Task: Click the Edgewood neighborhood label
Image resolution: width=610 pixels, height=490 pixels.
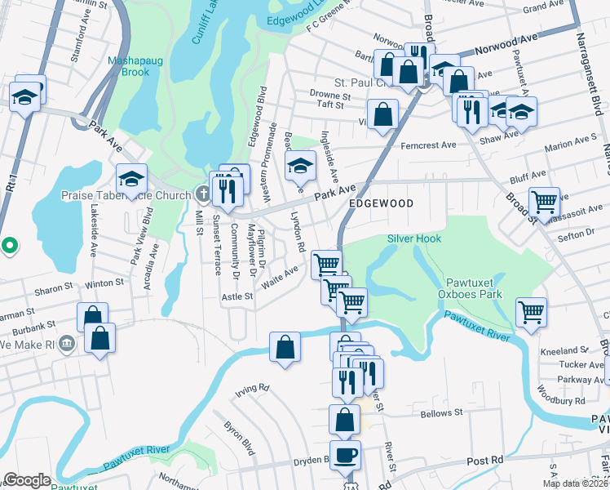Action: pos(381,203)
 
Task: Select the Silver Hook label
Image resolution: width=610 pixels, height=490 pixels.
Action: pos(414,238)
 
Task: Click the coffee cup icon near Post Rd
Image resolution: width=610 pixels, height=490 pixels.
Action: pos(344,453)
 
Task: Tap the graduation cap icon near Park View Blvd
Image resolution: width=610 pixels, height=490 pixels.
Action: pos(131,179)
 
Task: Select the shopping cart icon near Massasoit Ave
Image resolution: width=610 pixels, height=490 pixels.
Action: pos(543,200)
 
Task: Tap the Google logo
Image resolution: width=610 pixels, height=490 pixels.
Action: pos(27,479)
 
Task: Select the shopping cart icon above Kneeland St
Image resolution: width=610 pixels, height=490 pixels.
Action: pos(531,310)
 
